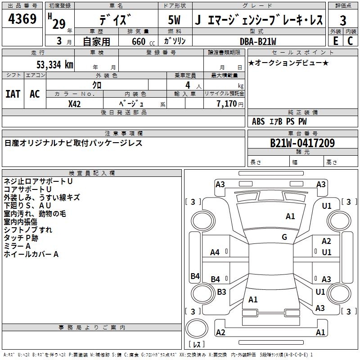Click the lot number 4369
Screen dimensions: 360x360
click(22, 19)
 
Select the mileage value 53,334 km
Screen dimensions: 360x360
click(55, 65)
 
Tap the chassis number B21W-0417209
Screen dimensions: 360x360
click(302, 143)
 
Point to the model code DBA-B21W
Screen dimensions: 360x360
click(258, 41)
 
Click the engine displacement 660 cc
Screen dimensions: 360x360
click(143, 42)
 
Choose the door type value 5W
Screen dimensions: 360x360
click(174, 20)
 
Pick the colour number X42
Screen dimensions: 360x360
click(74, 104)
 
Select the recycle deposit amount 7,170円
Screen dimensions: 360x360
click(230, 104)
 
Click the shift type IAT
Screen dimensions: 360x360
click(13, 94)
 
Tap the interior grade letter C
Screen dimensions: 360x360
click(351, 41)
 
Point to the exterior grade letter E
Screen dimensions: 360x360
click(336, 41)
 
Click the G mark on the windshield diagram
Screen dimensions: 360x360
click(284, 237)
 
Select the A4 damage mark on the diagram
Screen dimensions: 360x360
click(215, 252)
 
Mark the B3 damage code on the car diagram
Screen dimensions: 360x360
click(221, 292)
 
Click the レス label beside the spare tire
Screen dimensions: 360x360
click(197, 344)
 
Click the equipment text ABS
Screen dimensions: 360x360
click(258, 121)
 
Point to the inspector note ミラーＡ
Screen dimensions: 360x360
click(17, 246)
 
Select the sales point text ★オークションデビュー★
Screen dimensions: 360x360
click(288, 63)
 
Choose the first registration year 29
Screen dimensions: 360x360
click(59, 24)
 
